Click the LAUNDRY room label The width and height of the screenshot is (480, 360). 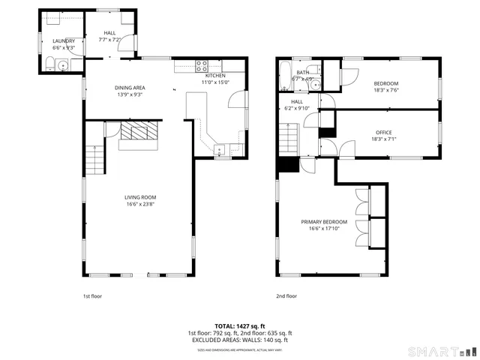coord(64,41)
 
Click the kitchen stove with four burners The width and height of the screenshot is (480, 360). coord(201,64)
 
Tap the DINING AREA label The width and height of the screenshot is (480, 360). coord(130,87)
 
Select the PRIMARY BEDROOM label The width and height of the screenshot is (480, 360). coord(324,222)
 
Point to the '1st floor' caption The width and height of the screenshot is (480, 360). coord(92,296)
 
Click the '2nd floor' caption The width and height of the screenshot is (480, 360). coord(286,296)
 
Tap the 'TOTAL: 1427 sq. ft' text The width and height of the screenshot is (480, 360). coord(240,326)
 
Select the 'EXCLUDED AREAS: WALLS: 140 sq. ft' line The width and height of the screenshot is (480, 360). coord(240,341)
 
